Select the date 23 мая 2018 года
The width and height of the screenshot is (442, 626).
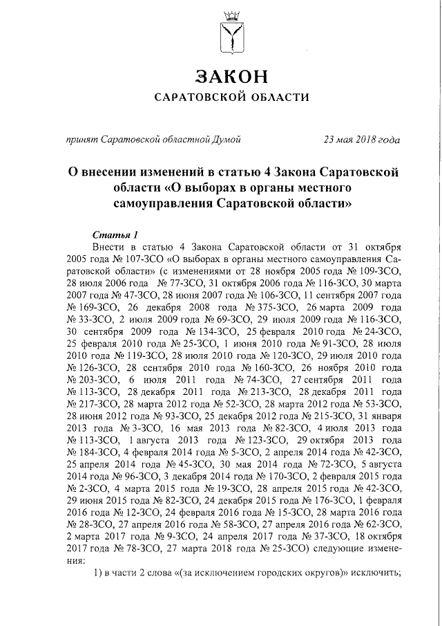point(363,139)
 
